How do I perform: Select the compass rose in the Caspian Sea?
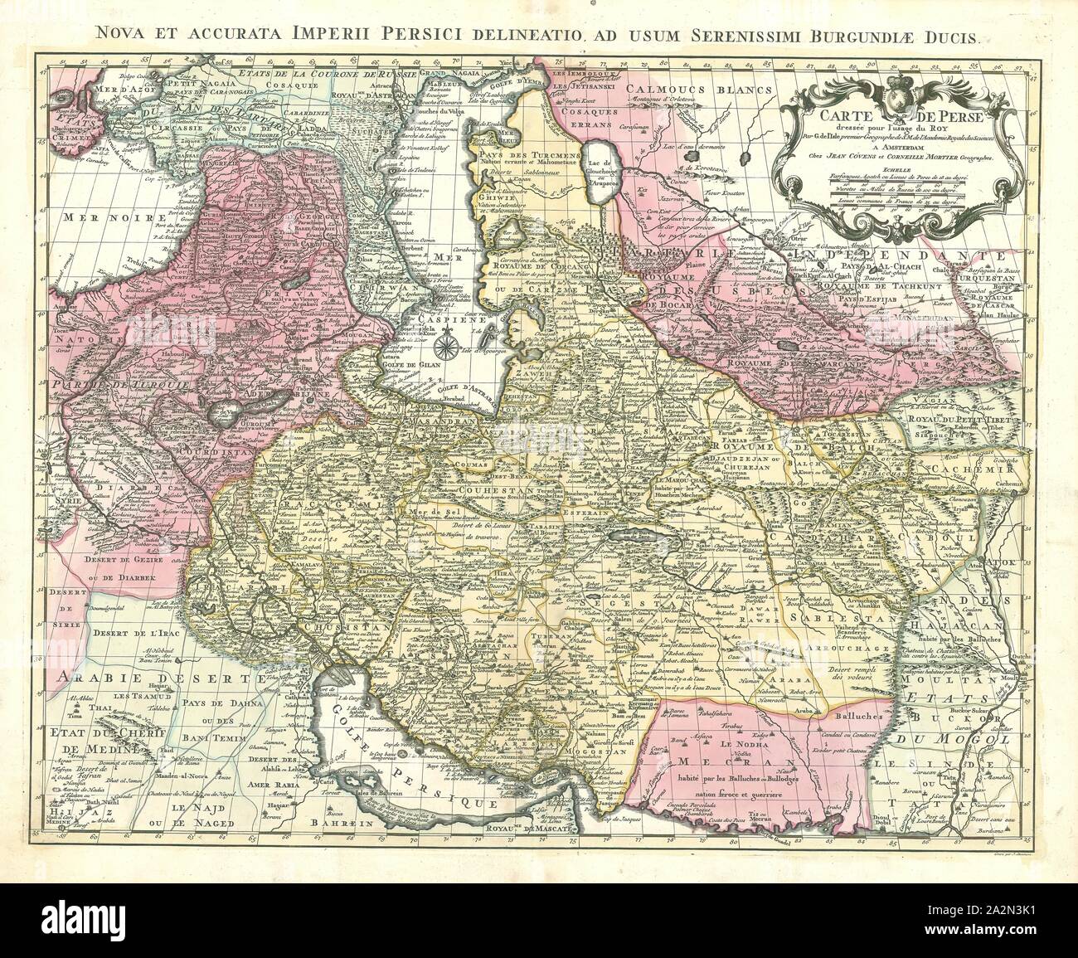[x=446, y=338]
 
